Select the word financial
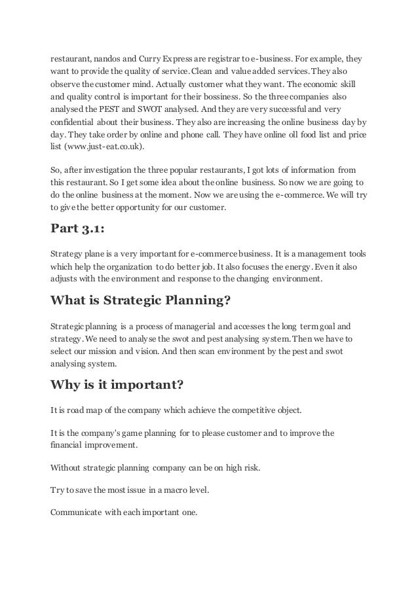pyautogui.click(x=67, y=444)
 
